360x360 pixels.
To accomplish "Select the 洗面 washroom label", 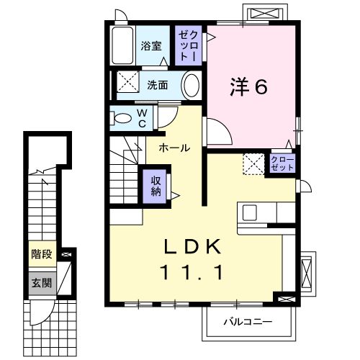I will pos(158,85).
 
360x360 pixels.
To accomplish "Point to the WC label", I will pos(143,118).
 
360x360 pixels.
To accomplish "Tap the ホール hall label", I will pos(175,148).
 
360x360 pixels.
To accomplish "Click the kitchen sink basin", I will pos(250,212).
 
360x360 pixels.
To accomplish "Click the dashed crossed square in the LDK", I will pos(253,164).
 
